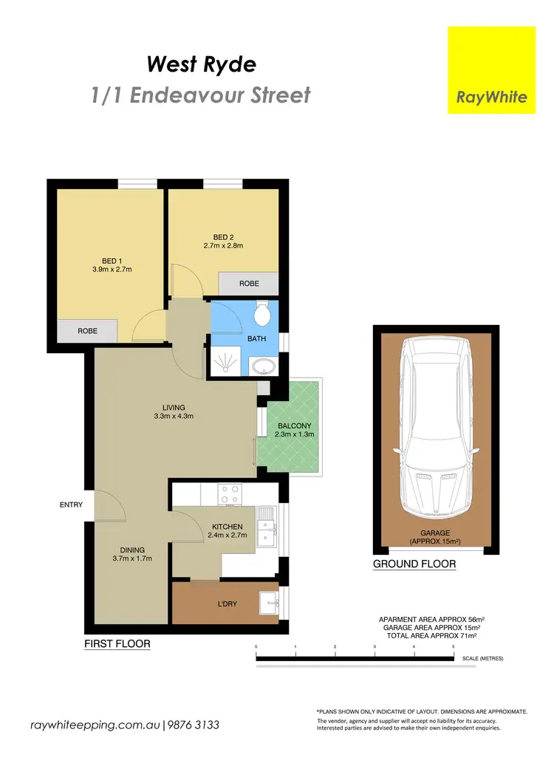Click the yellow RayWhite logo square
click(x=491, y=70)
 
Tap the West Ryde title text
click(x=202, y=64)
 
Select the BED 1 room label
click(x=111, y=260)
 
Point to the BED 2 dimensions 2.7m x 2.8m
click(x=224, y=246)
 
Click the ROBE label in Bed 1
click(x=87, y=331)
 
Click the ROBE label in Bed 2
click(x=248, y=284)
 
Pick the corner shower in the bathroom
click(x=225, y=360)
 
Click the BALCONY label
click(x=295, y=425)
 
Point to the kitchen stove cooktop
click(x=230, y=493)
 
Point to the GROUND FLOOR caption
click(x=414, y=564)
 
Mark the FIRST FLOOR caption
click(x=117, y=644)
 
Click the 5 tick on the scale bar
click(x=454, y=647)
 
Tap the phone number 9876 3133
click(x=194, y=725)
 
